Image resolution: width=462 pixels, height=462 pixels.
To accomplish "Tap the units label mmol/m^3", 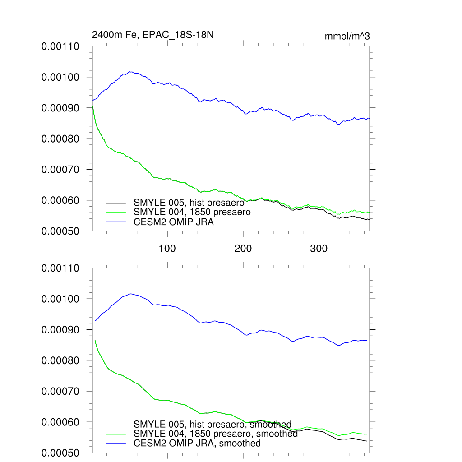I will point(347,37).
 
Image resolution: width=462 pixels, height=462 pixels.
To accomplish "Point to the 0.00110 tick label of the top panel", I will point(60,46).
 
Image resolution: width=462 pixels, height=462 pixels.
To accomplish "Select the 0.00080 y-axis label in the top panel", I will point(60,139).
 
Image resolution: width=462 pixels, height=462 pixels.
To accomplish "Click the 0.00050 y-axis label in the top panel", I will point(60,231).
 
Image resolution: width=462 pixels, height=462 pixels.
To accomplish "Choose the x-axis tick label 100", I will point(167,248).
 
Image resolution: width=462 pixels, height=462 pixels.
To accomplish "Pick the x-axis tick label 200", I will point(243,248).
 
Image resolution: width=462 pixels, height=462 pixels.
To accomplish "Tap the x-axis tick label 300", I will point(319,248).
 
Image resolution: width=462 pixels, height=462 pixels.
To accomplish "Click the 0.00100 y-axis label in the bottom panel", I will point(60,299).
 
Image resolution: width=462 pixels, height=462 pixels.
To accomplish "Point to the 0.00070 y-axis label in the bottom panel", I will point(60,392).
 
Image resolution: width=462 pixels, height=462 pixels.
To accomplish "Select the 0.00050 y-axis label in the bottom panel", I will point(60,453).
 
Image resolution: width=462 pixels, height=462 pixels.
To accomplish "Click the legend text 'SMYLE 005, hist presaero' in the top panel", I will point(189,203).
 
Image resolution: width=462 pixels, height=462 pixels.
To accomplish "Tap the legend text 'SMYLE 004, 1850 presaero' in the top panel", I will point(192,212).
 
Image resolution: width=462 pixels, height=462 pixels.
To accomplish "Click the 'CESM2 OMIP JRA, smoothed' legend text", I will point(197,444).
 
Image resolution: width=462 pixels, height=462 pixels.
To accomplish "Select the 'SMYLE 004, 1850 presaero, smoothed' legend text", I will point(216,434).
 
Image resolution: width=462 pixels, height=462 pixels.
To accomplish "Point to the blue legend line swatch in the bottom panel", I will point(116,444).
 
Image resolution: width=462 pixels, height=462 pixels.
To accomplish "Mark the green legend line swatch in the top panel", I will point(116,212).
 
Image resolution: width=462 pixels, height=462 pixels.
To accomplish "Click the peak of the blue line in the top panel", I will point(130,72).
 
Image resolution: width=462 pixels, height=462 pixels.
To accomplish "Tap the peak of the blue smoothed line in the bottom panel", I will point(130,294).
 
